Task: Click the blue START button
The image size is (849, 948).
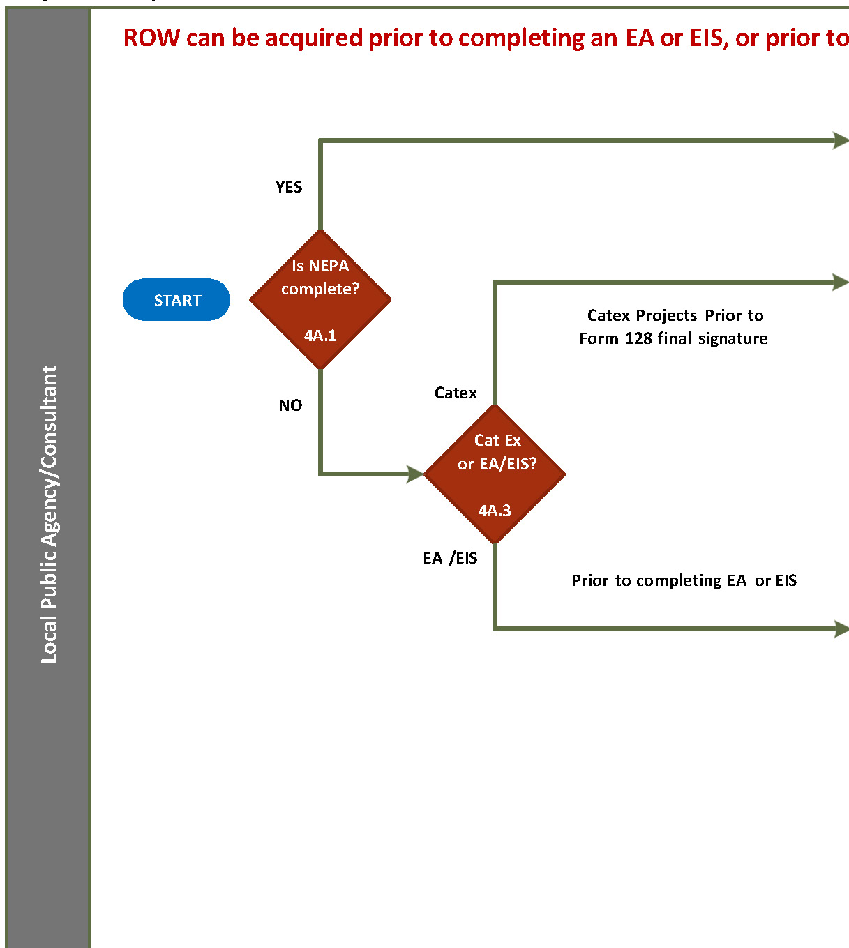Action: point(176,300)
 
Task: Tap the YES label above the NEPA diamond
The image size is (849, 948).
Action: point(289,187)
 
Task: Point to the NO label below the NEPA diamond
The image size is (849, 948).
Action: point(290,405)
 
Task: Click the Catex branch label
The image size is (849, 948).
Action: point(456,393)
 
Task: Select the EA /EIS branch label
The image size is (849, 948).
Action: point(450,558)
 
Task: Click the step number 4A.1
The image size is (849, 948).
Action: point(320,336)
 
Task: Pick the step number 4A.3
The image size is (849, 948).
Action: point(495,511)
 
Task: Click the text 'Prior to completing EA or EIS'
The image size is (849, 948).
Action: point(684,580)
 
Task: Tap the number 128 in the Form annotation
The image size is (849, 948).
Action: point(638,338)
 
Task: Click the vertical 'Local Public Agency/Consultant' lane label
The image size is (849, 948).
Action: point(48,514)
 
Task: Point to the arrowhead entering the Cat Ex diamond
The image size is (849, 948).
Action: point(416,474)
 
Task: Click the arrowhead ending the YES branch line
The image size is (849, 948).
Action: point(841,140)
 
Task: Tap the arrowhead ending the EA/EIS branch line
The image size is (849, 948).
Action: point(841,629)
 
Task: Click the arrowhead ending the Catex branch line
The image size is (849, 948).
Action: point(841,283)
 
